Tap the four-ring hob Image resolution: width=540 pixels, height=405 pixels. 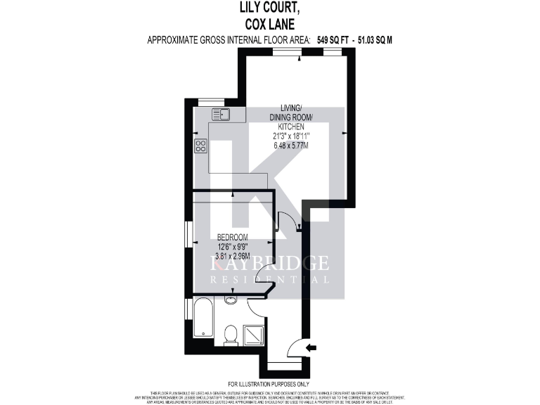pos(201,146)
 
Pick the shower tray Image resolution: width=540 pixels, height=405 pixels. pos(252,334)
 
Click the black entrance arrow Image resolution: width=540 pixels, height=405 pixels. pos(311,347)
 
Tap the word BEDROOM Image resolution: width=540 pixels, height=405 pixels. pos(232,237)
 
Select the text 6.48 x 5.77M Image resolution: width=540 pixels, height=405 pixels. pos(290,145)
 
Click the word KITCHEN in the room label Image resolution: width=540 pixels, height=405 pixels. pos(290,126)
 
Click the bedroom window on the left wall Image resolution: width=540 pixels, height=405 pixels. pos(187,236)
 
